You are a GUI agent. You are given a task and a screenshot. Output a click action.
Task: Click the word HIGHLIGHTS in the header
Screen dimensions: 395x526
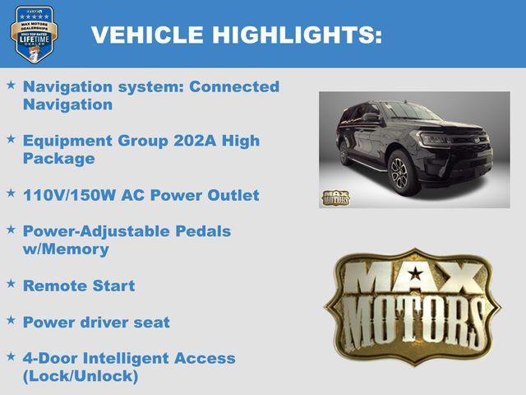point(297,35)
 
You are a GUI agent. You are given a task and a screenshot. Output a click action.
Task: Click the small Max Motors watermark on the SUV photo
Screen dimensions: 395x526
point(335,197)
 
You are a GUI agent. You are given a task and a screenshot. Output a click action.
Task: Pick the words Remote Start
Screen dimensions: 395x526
point(79,286)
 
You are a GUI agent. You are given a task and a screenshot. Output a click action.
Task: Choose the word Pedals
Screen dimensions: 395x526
point(204,231)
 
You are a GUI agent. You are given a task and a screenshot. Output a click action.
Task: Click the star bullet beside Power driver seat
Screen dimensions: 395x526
point(11,320)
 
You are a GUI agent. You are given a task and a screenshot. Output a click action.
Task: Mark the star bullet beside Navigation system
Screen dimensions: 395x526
point(11,85)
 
